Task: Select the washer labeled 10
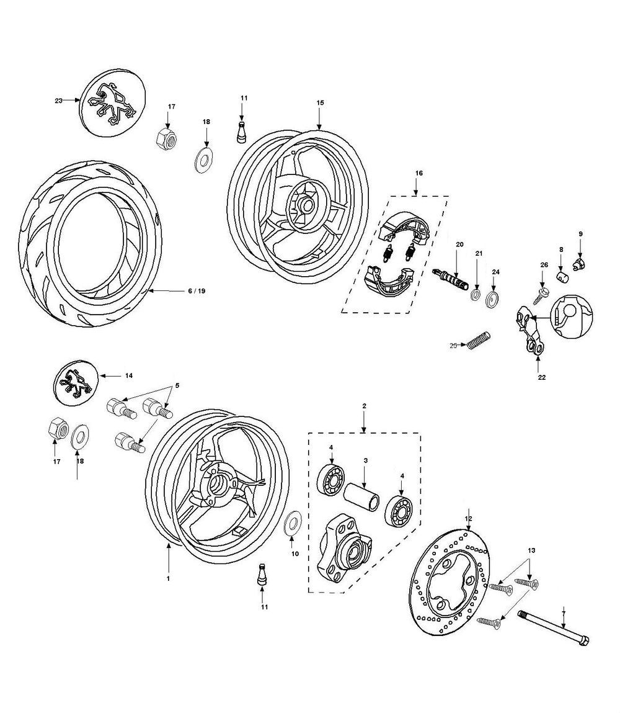click(x=291, y=523)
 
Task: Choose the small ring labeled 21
click(x=476, y=293)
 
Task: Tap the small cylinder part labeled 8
click(x=562, y=276)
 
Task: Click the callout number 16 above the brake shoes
click(x=418, y=173)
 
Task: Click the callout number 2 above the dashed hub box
click(x=364, y=405)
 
